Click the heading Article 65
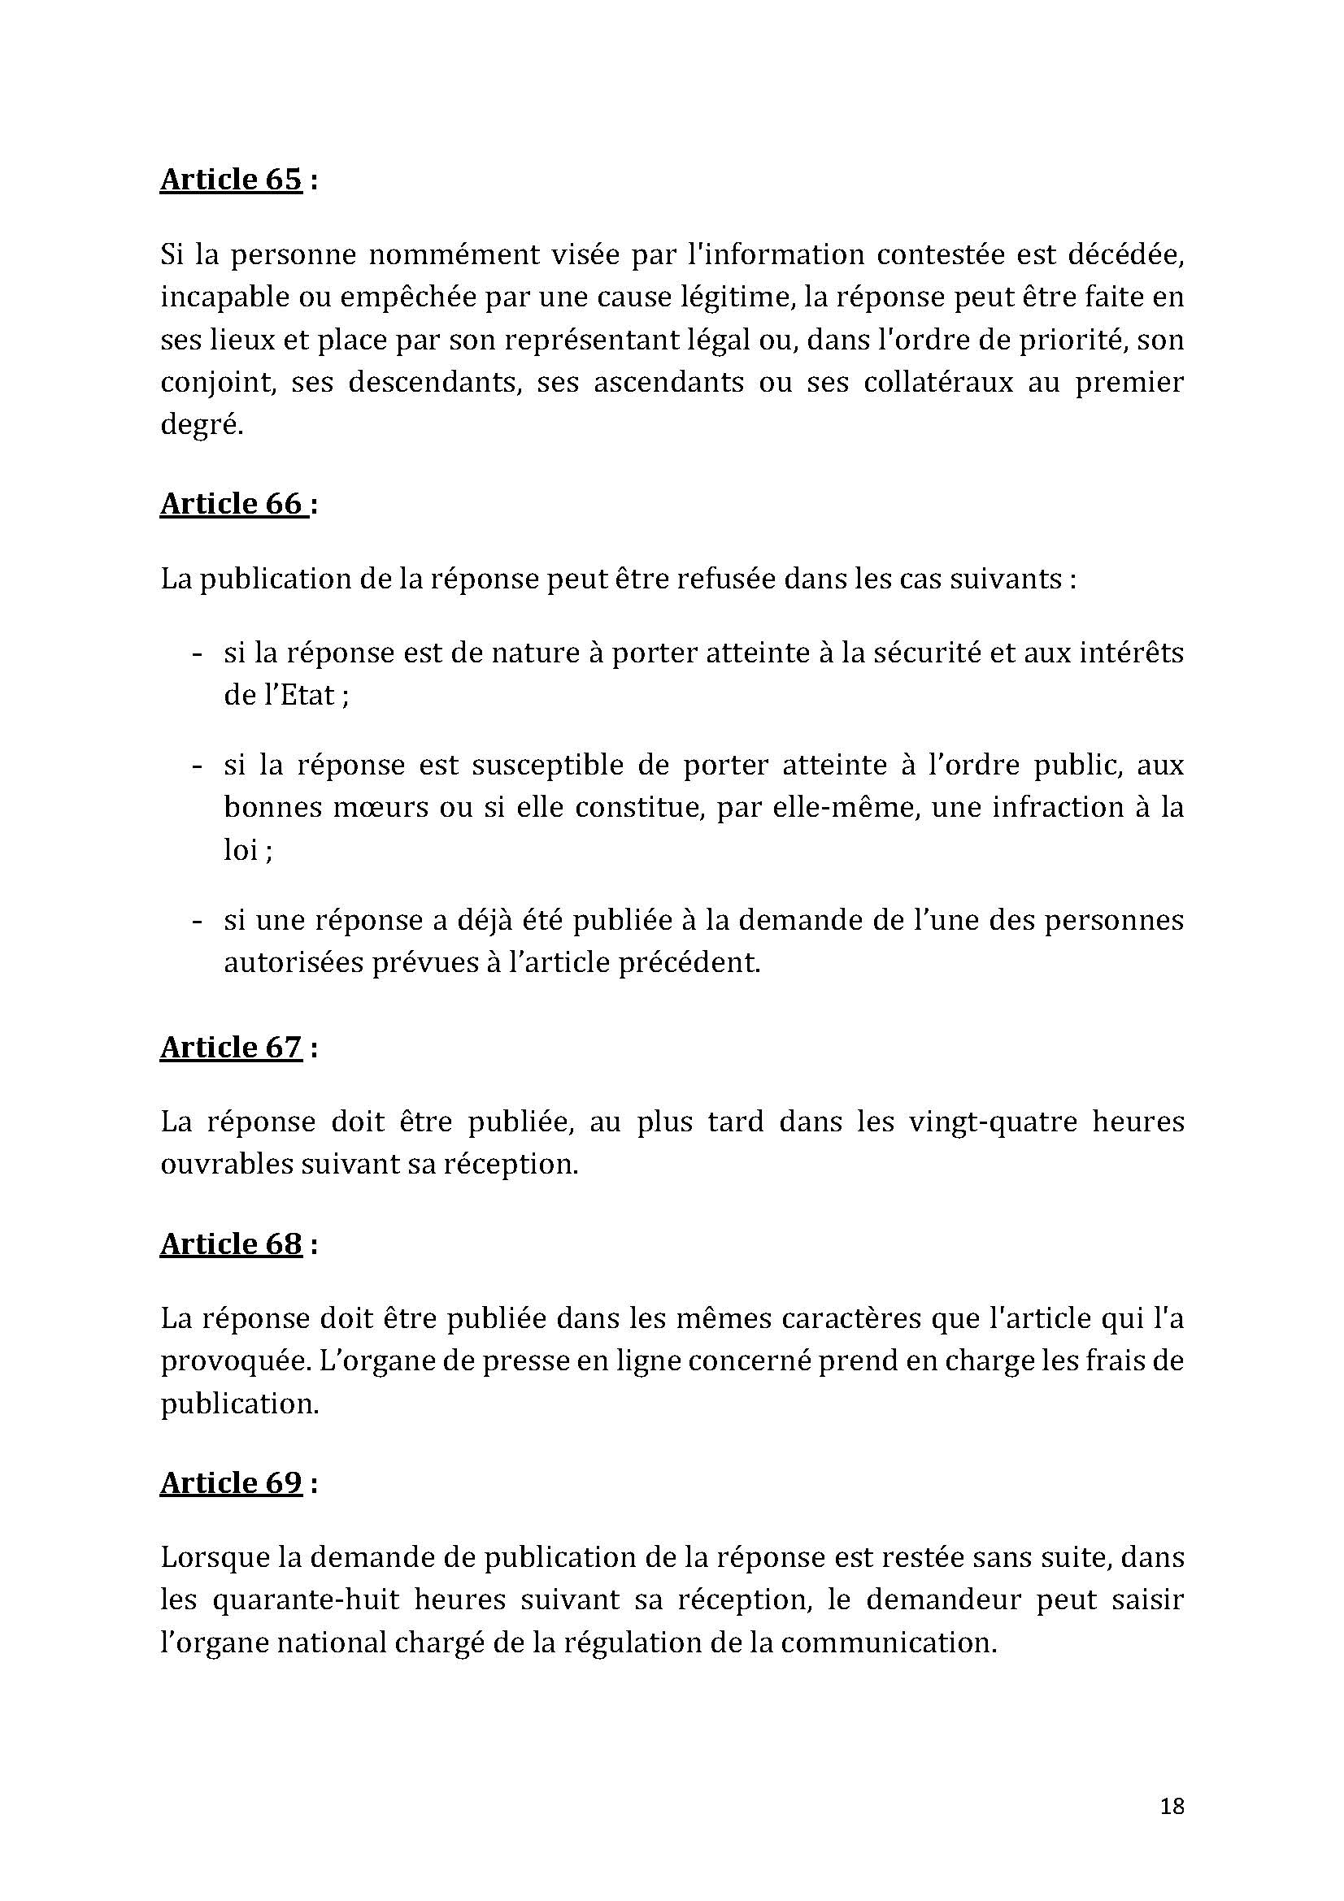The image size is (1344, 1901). [230, 180]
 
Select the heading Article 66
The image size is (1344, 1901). [233, 503]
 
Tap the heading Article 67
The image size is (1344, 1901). [230, 1048]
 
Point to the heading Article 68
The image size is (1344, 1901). [230, 1244]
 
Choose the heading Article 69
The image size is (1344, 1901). [230, 1483]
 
